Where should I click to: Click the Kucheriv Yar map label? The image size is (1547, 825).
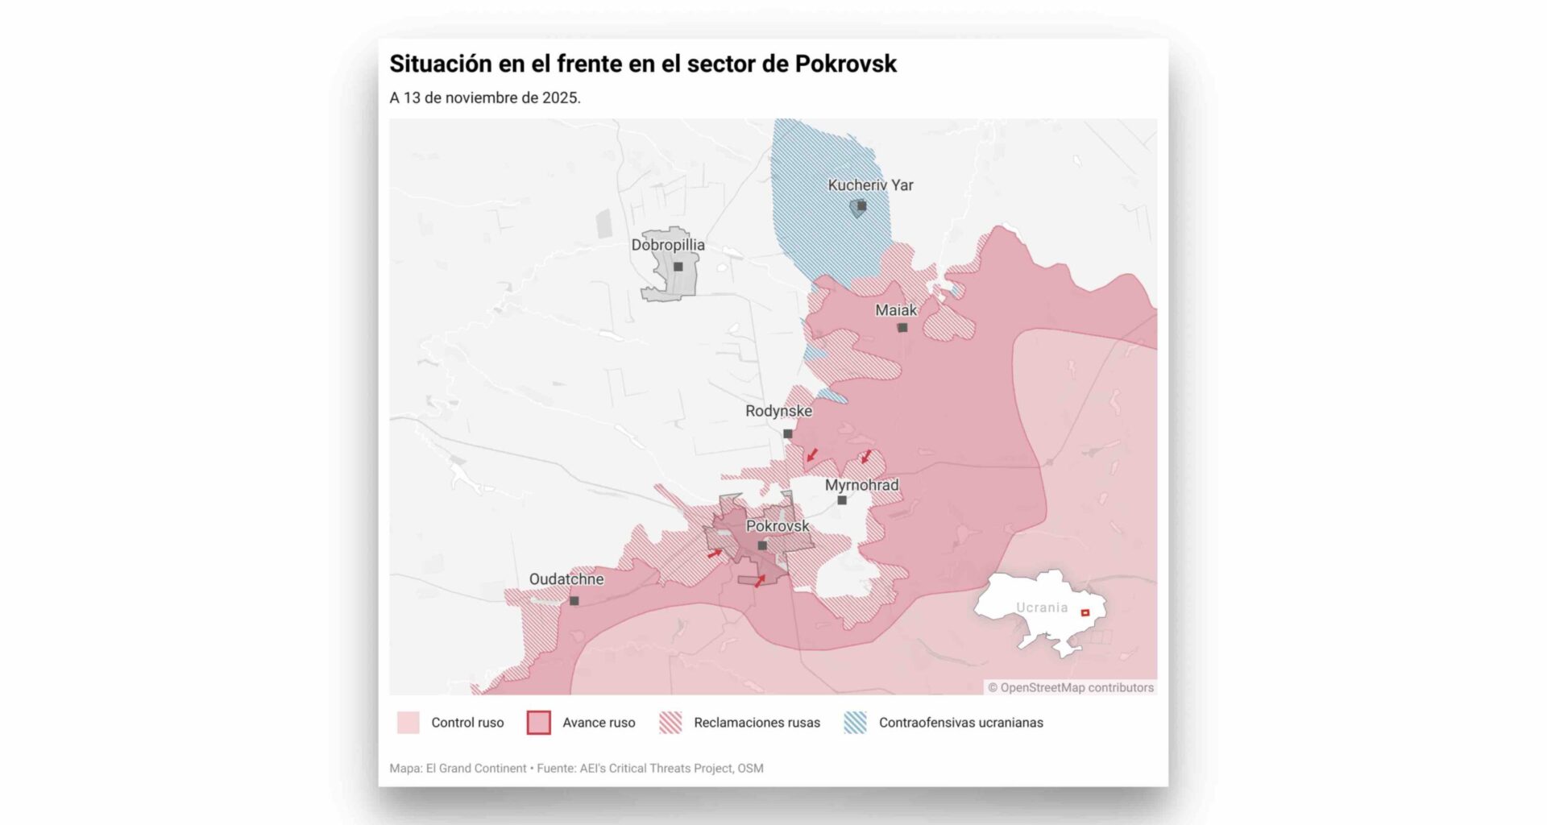point(870,185)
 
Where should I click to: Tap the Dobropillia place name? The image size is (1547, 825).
point(668,245)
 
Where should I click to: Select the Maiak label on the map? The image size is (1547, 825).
point(896,310)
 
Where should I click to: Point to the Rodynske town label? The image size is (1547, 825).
point(778,411)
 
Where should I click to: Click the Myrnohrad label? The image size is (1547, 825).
point(861,485)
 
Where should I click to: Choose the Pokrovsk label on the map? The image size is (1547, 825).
point(777,526)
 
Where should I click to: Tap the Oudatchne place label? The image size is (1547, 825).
point(566,579)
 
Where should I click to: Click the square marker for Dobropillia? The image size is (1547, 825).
point(678,267)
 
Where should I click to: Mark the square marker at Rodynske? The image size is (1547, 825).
point(788,433)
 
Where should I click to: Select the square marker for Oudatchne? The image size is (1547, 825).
point(574,601)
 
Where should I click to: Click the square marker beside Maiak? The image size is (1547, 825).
point(902,328)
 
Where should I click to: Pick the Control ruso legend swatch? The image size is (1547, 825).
point(409,723)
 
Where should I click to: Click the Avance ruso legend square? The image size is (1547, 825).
point(538,723)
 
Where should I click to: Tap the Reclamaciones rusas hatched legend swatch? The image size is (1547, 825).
point(670,723)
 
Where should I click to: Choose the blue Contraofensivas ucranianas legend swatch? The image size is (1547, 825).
point(855,723)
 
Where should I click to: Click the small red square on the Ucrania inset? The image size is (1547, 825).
point(1085,613)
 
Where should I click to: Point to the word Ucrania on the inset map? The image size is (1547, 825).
point(1042,607)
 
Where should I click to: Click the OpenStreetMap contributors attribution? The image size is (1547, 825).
point(1071,687)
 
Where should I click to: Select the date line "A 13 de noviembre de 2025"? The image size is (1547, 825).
point(485,98)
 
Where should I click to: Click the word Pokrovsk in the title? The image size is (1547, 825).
point(845,64)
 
